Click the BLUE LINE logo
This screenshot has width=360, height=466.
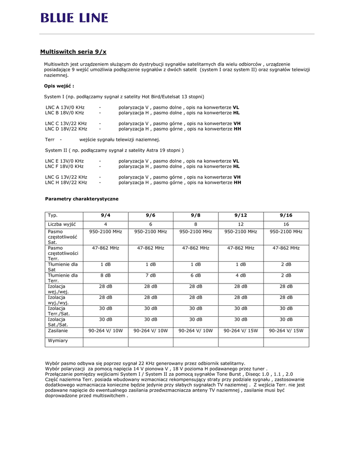coord(74,18)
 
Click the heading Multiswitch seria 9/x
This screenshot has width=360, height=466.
coord(73,52)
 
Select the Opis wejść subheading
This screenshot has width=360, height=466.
coord(59,86)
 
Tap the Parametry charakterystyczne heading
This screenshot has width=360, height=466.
coord(82,199)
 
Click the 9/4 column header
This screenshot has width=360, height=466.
coord(106,215)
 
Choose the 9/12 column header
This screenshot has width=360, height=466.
coord(241,215)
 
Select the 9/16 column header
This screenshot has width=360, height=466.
coord(286,215)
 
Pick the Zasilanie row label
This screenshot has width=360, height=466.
coord(58,331)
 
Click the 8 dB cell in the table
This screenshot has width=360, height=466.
coord(106,275)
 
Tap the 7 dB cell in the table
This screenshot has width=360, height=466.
coord(151,275)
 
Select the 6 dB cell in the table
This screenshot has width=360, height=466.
coord(196,275)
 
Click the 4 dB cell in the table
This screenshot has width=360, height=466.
coord(241,275)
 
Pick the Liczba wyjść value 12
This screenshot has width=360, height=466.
coord(241,224)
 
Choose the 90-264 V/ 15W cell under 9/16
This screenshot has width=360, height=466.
coord(286,331)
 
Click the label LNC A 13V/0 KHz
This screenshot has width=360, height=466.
coord(65,107)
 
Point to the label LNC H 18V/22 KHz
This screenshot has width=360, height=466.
coord(66,182)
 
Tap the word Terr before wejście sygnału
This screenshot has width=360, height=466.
coord(50,139)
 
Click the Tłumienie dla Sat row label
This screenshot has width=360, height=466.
coord(63,267)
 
